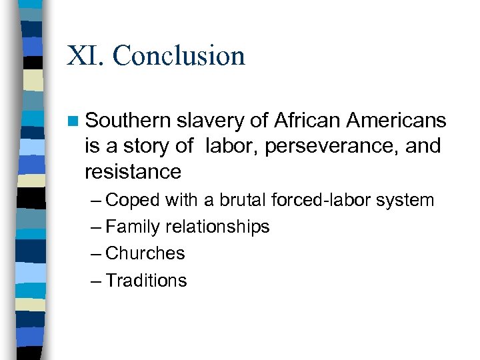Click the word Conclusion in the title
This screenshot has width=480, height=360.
[179, 55]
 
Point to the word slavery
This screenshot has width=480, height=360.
[213, 121]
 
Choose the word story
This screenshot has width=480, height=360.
[142, 146]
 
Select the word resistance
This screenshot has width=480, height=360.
[133, 171]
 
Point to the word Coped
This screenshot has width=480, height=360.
[133, 200]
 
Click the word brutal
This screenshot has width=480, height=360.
[229, 199]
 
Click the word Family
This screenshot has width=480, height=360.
[133, 227]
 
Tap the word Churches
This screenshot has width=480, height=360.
[145, 253]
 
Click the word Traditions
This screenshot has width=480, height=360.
[147, 280]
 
